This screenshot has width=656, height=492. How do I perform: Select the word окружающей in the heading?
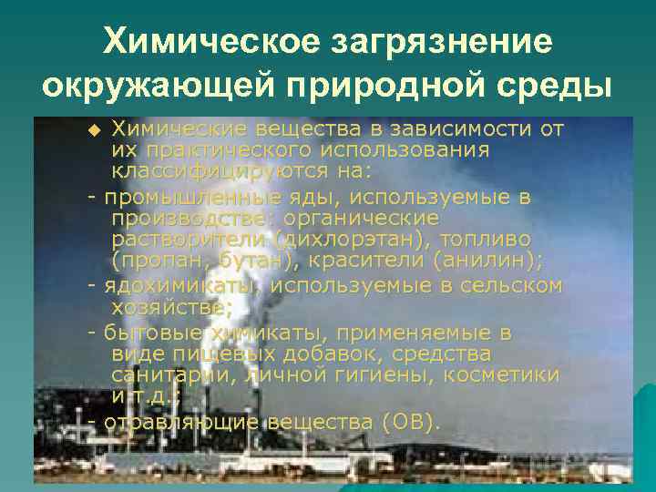pyautogui.click(x=153, y=87)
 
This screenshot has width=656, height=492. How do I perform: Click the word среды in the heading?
pyautogui.click(x=557, y=87)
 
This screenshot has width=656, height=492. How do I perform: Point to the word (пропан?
pyautogui.click(x=158, y=261)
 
